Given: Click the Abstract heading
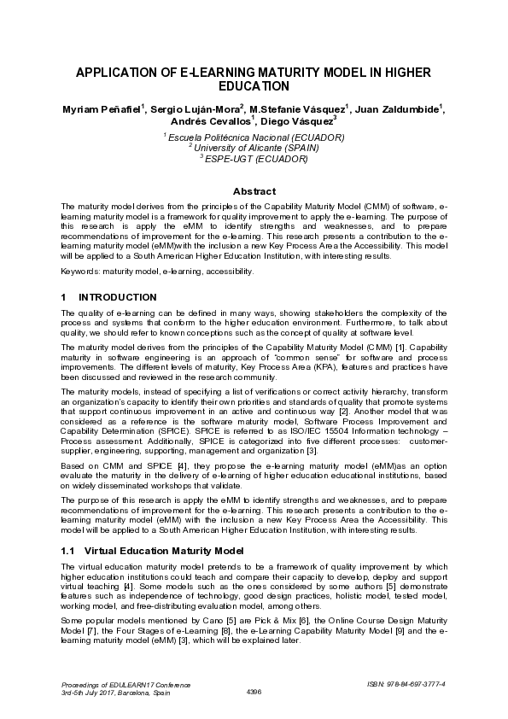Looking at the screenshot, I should (x=254, y=191).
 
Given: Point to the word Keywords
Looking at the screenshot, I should (x=80, y=271).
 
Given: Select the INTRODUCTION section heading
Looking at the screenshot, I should (x=117, y=297).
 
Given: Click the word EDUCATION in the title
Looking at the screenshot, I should (x=254, y=87).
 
